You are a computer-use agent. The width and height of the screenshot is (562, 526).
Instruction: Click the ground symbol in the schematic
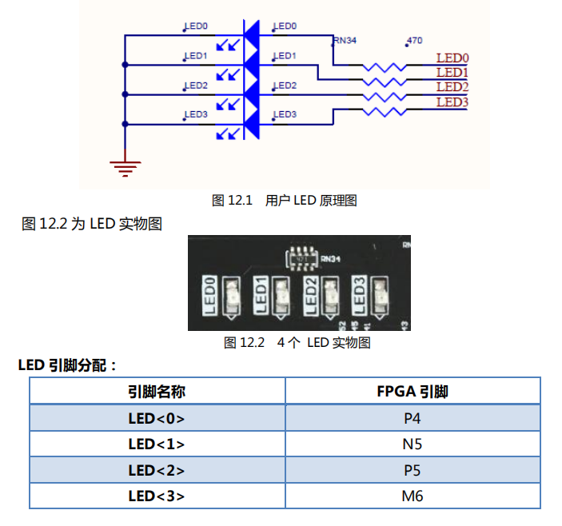click(x=125, y=168)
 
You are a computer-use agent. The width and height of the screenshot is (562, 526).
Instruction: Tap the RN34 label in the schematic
click(x=345, y=40)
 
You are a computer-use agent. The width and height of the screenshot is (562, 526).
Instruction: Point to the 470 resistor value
click(x=414, y=40)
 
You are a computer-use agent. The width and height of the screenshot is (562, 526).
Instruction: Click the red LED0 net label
click(x=452, y=58)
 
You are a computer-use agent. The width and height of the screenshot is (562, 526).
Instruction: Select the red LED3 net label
click(x=452, y=102)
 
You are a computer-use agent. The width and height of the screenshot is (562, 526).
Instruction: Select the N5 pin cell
click(x=412, y=444)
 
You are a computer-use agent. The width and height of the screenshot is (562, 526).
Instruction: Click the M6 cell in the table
click(x=412, y=496)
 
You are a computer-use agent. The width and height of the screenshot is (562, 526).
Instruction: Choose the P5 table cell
click(x=412, y=470)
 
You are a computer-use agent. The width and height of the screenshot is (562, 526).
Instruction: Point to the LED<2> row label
click(x=157, y=470)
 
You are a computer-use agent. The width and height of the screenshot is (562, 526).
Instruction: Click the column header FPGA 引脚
click(x=412, y=392)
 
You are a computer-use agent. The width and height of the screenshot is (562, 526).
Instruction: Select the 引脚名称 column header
click(x=157, y=392)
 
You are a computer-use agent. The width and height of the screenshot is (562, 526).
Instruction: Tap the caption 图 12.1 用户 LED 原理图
click(x=284, y=200)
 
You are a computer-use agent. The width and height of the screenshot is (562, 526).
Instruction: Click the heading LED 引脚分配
click(x=68, y=365)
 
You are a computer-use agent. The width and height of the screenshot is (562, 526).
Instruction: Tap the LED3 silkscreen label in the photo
click(x=360, y=295)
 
